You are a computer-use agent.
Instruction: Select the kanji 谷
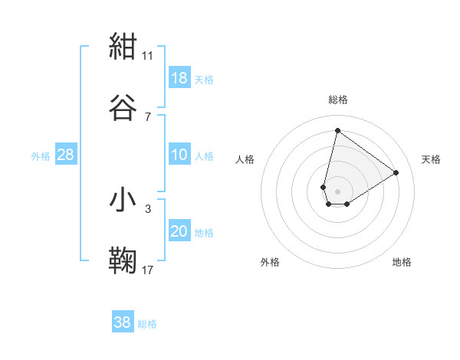tap(123, 107)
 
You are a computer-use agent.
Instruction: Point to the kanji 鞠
tap(123, 260)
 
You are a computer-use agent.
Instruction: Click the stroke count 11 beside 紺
tap(148, 56)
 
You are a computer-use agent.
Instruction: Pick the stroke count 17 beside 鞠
tap(148, 270)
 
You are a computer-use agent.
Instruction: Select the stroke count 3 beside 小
tap(148, 208)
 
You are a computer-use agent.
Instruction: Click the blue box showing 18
tap(179, 78)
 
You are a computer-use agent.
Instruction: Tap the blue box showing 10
tap(179, 155)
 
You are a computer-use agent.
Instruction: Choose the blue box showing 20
tap(179, 231)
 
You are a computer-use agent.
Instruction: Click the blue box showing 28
tap(66, 155)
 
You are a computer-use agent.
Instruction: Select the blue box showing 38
tap(123, 322)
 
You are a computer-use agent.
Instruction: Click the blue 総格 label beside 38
tap(147, 324)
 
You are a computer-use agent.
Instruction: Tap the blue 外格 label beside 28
tap(41, 155)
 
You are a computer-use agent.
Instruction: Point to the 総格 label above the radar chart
tap(338, 100)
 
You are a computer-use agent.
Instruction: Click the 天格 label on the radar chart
tap(432, 159)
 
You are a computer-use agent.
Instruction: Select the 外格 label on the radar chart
tap(270, 262)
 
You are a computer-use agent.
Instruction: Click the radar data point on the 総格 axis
tap(337, 130)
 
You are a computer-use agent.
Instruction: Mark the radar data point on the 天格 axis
tap(396, 172)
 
